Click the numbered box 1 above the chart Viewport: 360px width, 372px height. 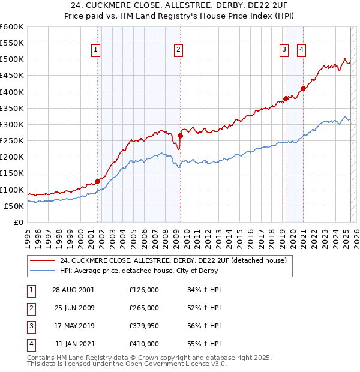(x=96, y=50)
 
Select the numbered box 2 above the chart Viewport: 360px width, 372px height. (x=179, y=50)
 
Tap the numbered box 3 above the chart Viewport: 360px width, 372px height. (x=284, y=50)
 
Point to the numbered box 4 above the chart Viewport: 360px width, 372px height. (x=301, y=50)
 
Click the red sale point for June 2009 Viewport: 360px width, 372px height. (x=180, y=136)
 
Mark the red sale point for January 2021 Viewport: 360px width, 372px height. (x=303, y=89)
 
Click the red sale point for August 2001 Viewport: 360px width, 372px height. (x=97, y=181)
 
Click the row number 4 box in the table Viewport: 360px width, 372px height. (x=31, y=344)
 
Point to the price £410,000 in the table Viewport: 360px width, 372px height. (x=144, y=344)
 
